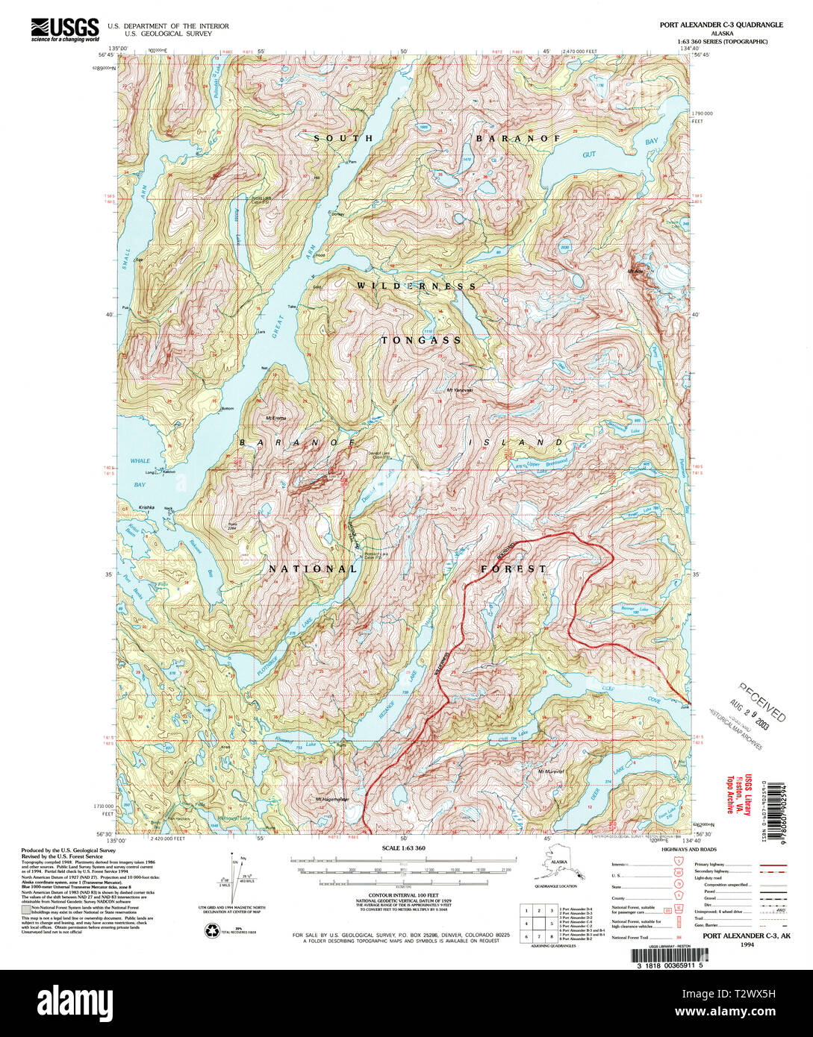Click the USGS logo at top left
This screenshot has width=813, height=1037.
(65, 28)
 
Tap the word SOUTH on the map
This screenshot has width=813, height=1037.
(343, 139)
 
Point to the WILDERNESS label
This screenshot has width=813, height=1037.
(416, 286)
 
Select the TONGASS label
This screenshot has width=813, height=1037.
(421, 340)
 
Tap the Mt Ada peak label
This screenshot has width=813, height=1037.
(636, 271)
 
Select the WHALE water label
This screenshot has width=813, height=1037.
(140, 461)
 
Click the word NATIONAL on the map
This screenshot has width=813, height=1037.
(314, 568)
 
